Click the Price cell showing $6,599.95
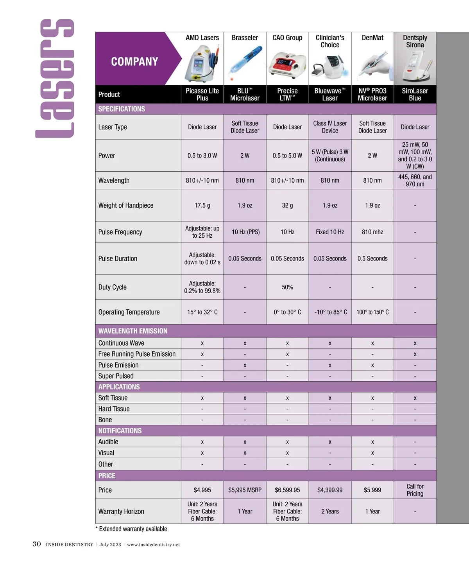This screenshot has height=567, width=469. (287, 490)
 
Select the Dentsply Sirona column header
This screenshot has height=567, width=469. (415, 41)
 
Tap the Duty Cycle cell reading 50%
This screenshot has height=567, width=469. (287, 287)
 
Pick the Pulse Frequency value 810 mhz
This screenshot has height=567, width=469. (372, 232)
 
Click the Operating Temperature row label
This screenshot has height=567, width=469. (129, 312)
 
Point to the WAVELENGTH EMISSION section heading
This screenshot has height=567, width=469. (133, 331)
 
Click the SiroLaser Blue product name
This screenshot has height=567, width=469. (415, 94)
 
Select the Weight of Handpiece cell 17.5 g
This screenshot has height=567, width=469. (202, 205)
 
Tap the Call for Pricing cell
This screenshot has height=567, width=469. (415, 490)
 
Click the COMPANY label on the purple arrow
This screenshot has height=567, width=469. (134, 61)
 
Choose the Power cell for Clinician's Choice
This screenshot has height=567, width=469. (330, 155)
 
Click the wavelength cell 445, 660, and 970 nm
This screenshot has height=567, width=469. (415, 180)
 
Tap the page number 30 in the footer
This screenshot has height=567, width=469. (37, 544)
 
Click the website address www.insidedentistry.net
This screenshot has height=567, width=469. (153, 544)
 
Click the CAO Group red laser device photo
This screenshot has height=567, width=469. (287, 65)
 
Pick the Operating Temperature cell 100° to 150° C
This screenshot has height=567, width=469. (372, 312)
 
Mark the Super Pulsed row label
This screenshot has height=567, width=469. (116, 376)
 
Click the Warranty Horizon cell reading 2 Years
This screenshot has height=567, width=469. (330, 511)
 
